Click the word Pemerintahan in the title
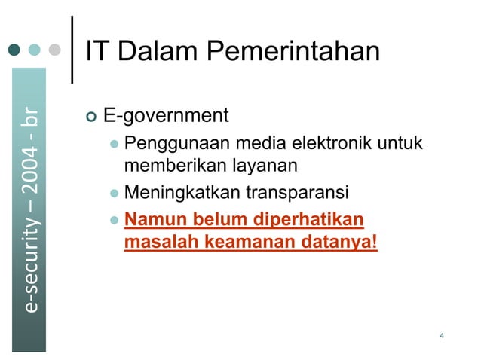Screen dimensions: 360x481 pyautogui.click(x=293, y=52)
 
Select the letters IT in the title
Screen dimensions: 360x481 pyautogui.click(x=98, y=52)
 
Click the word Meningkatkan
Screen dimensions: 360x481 pyautogui.click(x=182, y=194)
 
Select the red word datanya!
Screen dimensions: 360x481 pyautogui.click(x=339, y=243)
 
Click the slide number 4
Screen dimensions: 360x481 pyautogui.click(x=441, y=334)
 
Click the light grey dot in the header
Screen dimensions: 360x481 pyautogui.click(x=54, y=50)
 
